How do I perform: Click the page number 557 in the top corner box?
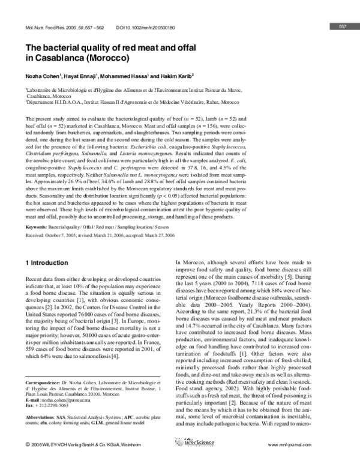coord(343,26)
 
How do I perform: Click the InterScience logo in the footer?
coord(180,461)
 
